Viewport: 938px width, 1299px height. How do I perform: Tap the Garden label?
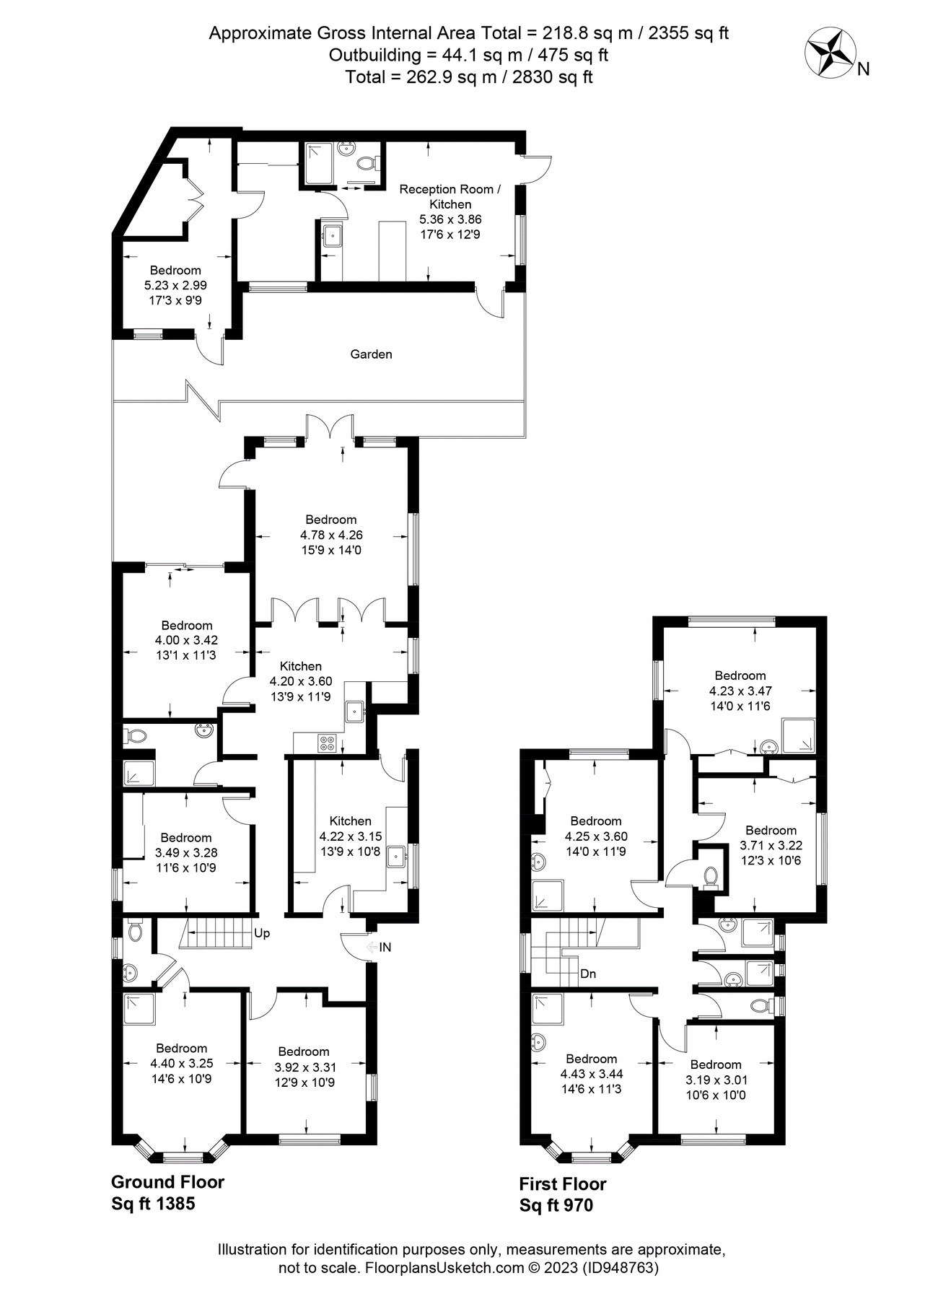point(371,354)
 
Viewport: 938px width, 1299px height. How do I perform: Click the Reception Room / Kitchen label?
point(450,196)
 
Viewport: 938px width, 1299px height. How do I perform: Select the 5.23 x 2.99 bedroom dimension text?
point(175,285)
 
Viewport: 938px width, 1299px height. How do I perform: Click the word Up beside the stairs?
point(262,933)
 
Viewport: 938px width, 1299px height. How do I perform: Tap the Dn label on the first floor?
point(588,974)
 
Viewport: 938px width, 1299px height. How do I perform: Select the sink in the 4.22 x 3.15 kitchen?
point(397,857)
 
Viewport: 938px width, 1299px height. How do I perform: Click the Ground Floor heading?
point(167,1182)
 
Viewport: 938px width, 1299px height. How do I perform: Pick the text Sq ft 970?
point(556,1205)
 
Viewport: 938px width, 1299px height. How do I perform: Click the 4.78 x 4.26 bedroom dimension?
point(331,535)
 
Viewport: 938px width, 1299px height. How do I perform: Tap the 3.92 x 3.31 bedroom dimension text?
point(304,1067)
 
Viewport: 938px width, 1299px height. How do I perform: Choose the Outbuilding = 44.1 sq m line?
point(468,55)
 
